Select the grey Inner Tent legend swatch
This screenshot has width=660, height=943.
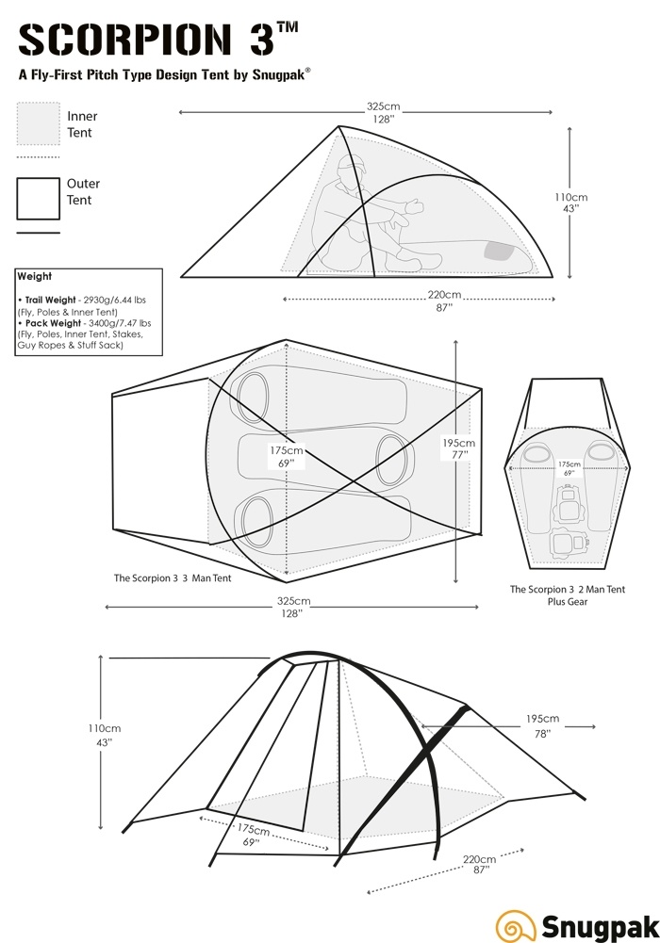(39, 123)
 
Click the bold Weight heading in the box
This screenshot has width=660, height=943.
(35, 277)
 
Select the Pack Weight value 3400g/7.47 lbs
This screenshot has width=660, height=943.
(117, 323)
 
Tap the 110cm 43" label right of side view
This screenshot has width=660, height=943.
(572, 203)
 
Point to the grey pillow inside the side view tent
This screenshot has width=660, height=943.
(499, 251)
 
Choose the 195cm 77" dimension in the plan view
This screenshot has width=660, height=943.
(458, 448)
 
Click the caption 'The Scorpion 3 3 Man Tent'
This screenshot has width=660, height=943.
(173, 578)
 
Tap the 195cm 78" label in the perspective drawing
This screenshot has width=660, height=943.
(543, 726)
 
